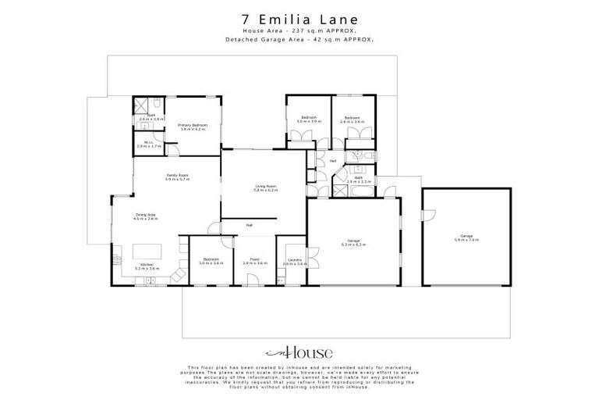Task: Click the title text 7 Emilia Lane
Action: tap(299, 18)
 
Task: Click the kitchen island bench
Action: tap(146, 252)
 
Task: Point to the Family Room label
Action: tap(177, 177)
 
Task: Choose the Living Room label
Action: tap(266, 188)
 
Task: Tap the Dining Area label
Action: tap(146, 217)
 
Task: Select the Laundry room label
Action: tap(295, 261)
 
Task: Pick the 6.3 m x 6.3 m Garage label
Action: tap(353, 242)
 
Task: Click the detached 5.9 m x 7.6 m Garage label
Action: tap(466, 237)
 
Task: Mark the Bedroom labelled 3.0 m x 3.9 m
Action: tap(309, 120)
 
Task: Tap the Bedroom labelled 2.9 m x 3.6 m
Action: tap(353, 120)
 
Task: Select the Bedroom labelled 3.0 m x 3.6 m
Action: tap(211, 261)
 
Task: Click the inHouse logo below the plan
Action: tap(299, 352)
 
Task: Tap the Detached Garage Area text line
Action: tap(299, 39)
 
